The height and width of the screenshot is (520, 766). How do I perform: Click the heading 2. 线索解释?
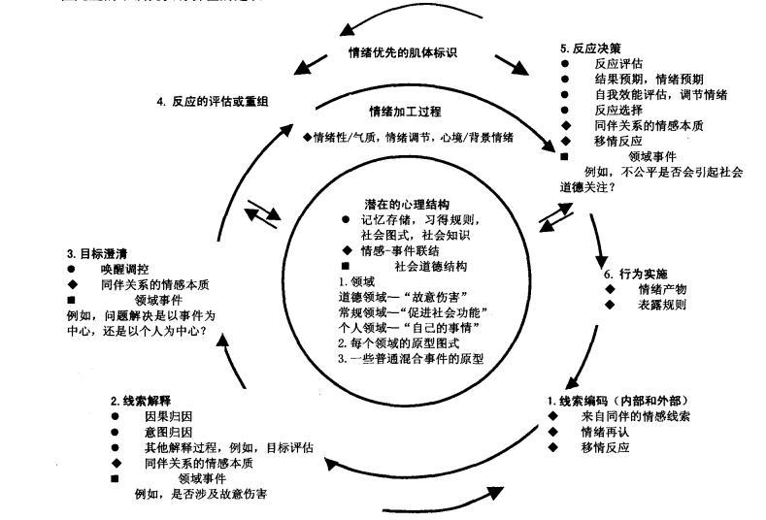click(144, 400)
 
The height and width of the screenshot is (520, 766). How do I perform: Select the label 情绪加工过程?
click(405, 111)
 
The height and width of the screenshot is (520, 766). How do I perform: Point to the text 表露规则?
click(660, 305)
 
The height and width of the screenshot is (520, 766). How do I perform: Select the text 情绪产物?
click(660, 288)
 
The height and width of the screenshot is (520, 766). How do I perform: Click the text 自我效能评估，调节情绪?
click(661, 95)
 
